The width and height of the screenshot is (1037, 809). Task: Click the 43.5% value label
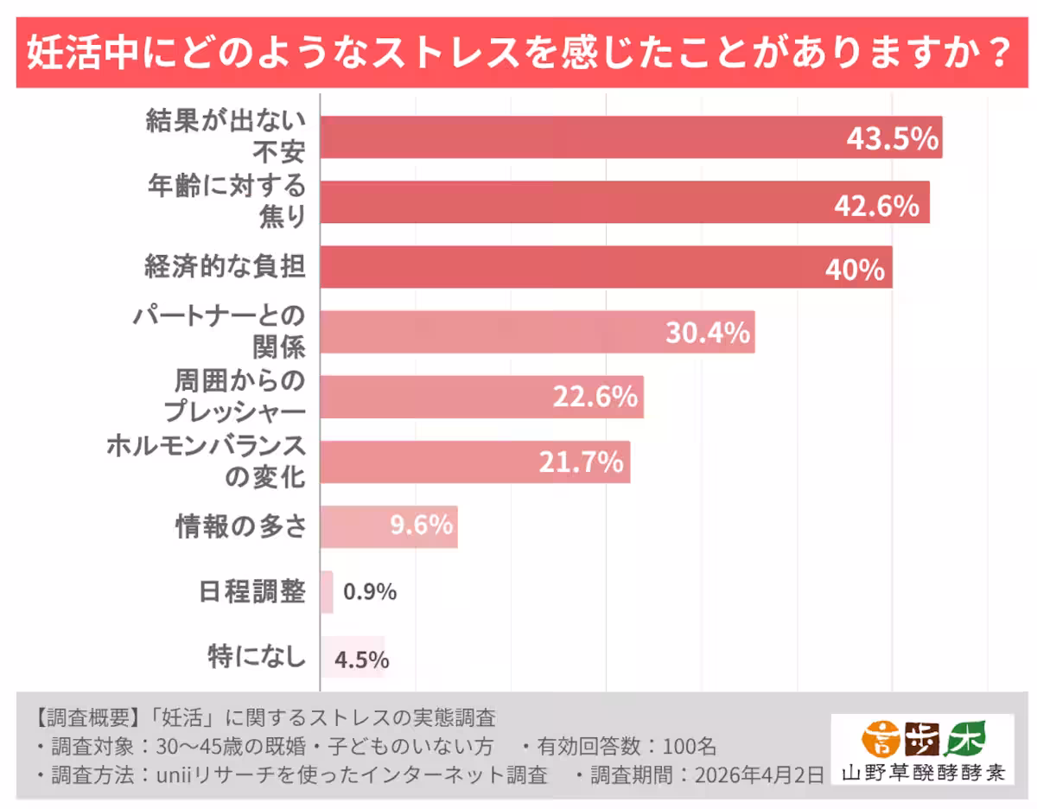coord(891,138)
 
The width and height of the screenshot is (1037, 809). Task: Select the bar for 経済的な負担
coord(605,267)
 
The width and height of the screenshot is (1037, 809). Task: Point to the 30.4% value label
coord(707,333)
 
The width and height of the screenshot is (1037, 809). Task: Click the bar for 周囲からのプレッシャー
coord(481,398)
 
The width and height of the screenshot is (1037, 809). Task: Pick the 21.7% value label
coord(581,462)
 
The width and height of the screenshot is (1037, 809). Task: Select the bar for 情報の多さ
coord(388,526)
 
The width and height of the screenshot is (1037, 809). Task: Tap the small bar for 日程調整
coord(327,592)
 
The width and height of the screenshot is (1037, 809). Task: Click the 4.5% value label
coord(361,659)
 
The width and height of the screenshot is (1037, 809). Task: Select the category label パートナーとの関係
coord(219,331)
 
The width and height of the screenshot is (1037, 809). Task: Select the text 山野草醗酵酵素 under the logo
coord(922,772)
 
